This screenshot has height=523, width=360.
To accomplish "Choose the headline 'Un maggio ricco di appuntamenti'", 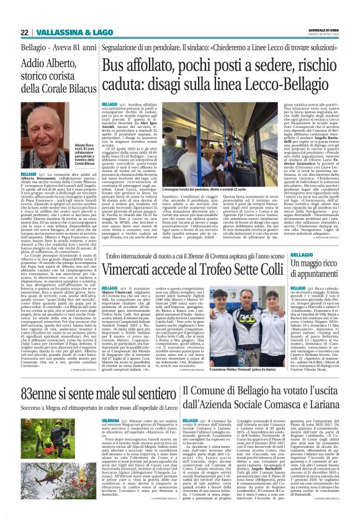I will coord(322,271).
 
